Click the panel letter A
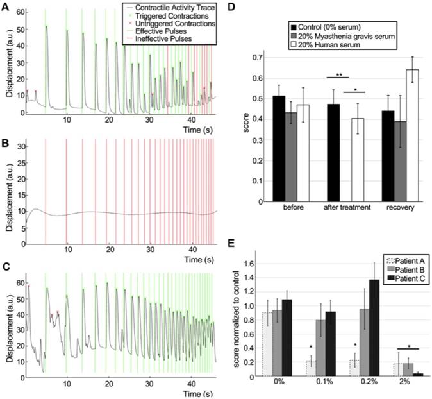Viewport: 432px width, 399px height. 6,6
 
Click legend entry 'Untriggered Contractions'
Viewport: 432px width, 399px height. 178,24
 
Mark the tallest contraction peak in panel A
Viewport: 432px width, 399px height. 46,26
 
